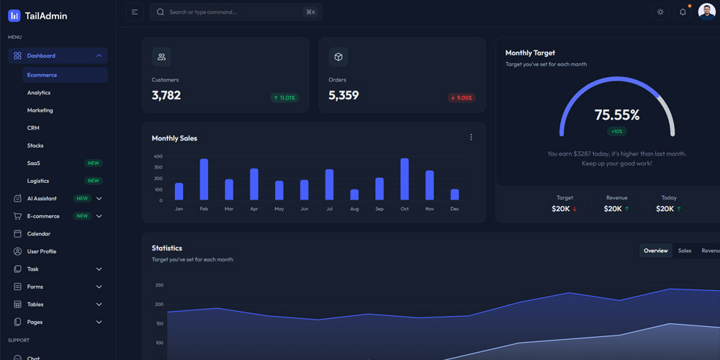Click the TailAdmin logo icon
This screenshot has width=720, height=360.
pos(14,15)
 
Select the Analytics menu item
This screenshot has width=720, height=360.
pos(39,93)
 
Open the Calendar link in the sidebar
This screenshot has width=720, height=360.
pos(39,234)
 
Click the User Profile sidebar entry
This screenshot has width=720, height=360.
pos(42,251)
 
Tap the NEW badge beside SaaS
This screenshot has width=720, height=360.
pos(93,163)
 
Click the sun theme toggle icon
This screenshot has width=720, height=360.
pos(660,12)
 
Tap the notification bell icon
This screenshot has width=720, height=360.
pos(683,12)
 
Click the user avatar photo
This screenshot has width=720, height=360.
pos(706,12)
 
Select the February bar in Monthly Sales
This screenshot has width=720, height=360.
pos(204,179)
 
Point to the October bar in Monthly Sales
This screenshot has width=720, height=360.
pos(405,179)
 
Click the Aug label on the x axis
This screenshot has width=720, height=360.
pos(354,209)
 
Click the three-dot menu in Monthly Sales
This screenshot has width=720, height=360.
pos(471,138)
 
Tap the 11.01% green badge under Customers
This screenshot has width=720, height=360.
pos(284,98)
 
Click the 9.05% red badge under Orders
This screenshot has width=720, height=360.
pos(462,98)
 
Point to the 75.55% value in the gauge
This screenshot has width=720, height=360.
pos(617,115)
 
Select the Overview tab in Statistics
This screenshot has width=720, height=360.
pos(656,251)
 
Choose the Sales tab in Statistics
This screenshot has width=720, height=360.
pos(685,251)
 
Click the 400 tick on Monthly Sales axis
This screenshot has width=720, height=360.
pos(158,156)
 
